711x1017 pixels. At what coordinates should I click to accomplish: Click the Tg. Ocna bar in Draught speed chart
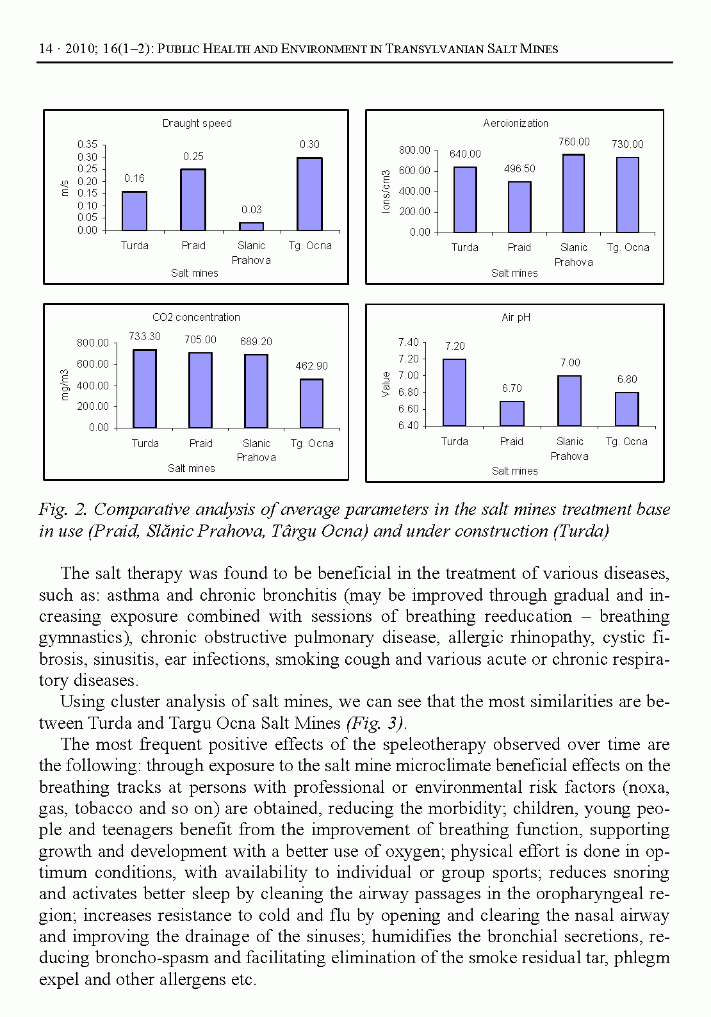pos(310,194)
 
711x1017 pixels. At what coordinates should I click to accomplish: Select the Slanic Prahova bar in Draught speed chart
pos(251,227)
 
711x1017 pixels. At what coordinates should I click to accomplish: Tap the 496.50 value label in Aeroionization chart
pos(519,169)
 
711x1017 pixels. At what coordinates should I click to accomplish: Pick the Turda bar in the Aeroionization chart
pos(465,200)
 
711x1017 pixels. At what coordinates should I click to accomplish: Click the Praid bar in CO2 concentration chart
pos(200,390)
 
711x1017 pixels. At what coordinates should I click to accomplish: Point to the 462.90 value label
pos(311,366)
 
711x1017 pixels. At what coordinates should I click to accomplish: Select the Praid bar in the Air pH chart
pos(512,414)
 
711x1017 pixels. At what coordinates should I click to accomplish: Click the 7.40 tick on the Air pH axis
pos(408,343)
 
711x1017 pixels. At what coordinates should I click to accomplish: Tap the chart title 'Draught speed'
pos(197,124)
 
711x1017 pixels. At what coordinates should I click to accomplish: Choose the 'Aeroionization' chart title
pos(516,124)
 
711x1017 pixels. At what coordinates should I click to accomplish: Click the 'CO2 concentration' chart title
pos(196,318)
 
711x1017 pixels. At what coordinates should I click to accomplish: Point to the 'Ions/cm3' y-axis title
pos(386,191)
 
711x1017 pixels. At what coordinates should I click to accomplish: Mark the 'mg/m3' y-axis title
pos(65,385)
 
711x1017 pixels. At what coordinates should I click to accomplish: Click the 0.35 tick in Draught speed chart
pos(87,145)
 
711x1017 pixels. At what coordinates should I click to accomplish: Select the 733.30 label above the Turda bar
pos(145,337)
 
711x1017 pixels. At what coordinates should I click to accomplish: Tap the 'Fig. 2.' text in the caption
pos(62,510)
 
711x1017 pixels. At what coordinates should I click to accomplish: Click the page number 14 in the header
pos(45,49)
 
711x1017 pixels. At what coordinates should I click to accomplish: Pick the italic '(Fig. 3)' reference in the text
pos(375,724)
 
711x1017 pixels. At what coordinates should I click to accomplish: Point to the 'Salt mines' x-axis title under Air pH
pos(514,471)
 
